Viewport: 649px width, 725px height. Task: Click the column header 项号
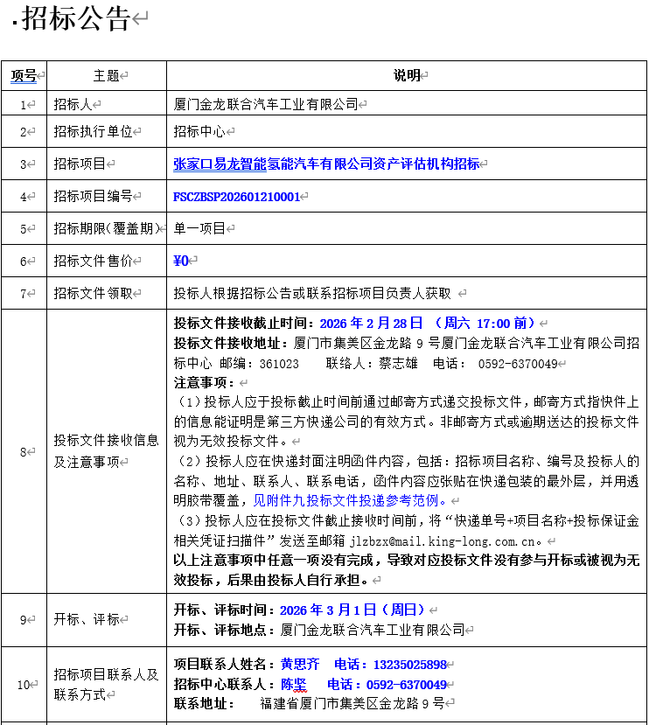pos(24,76)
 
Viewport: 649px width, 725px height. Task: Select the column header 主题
pos(106,76)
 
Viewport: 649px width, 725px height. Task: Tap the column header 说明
pos(407,76)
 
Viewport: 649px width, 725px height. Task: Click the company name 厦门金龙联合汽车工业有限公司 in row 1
pos(266,104)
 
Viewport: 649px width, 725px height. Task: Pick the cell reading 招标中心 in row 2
pos(199,132)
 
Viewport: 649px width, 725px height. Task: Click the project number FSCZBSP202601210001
pos(236,197)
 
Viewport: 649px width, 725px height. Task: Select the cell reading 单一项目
pos(199,229)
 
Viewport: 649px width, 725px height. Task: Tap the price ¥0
pos(181,261)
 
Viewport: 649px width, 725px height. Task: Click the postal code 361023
pos(280,364)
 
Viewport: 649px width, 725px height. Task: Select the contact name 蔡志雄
pos(398,364)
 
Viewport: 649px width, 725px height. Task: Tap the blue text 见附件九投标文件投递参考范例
pos(345,501)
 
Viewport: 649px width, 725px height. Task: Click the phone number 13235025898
pos(409,665)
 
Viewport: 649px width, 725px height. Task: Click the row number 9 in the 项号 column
pos(24,619)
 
